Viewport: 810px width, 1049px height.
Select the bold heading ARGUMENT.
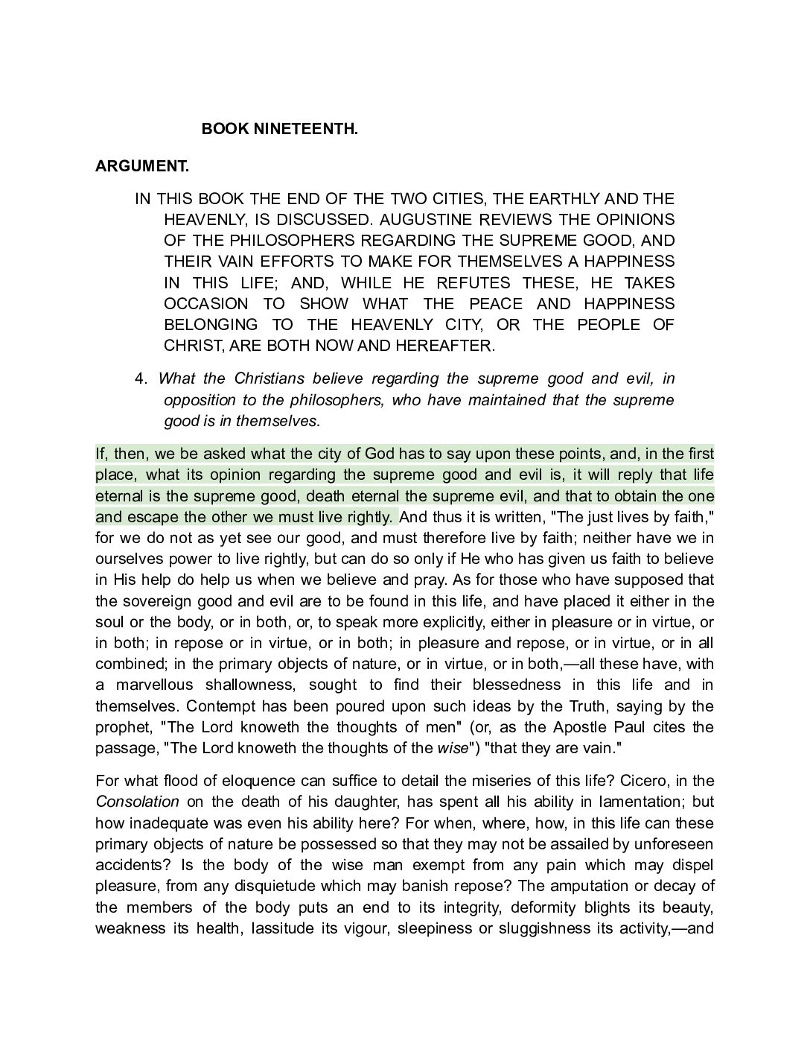pyautogui.click(x=141, y=166)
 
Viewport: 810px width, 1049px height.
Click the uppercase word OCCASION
pyautogui.click(x=205, y=304)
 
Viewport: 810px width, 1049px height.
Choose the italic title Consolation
pyautogui.click(x=137, y=802)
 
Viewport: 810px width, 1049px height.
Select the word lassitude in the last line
pyautogui.click(x=281, y=929)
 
